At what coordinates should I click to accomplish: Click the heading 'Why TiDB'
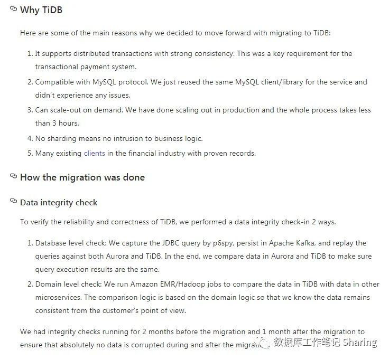click(x=41, y=10)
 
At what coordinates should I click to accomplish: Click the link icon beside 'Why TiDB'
click(x=14, y=9)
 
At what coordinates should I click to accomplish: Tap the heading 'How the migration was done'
click(x=82, y=177)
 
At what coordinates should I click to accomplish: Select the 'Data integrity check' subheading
click(x=59, y=203)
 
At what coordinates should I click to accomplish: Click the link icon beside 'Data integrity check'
click(x=14, y=202)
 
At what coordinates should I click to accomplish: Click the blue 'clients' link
click(x=94, y=154)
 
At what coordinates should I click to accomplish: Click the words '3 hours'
click(x=65, y=124)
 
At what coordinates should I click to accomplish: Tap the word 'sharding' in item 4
click(x=61, y=139)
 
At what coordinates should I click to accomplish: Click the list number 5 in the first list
click(x=30, y=154)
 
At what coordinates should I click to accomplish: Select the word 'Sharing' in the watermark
click(x=360, y=343)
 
